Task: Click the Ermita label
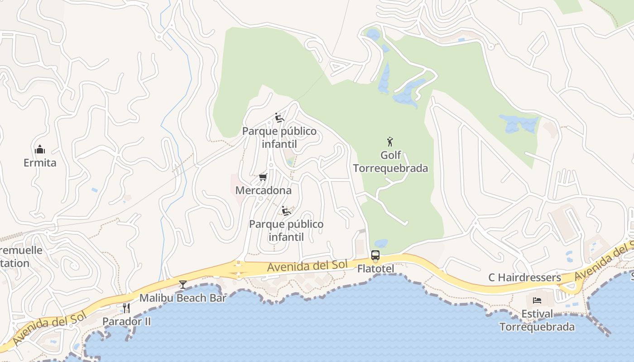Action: [40, 163]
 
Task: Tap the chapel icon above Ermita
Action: [40, 149]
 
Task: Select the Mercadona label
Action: [263, 191]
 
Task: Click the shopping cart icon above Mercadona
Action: [263, 177]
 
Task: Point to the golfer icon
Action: [390, 142]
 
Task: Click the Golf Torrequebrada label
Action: [390, 162]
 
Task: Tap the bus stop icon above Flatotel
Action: [375, 255]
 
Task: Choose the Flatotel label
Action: [375, 269]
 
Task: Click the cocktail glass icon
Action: [183, 284]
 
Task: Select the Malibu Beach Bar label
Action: [183, 298]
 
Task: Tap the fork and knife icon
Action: [126, 308]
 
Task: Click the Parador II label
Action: [126, 322]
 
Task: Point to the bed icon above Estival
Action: [537, 300]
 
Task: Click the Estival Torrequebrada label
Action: [537, 320]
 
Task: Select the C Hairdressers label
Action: [525, 277]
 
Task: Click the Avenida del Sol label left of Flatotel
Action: [307, 266]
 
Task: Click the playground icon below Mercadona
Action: [286, 211]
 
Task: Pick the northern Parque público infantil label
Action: [279, 138]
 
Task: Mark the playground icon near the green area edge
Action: [279, 118]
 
